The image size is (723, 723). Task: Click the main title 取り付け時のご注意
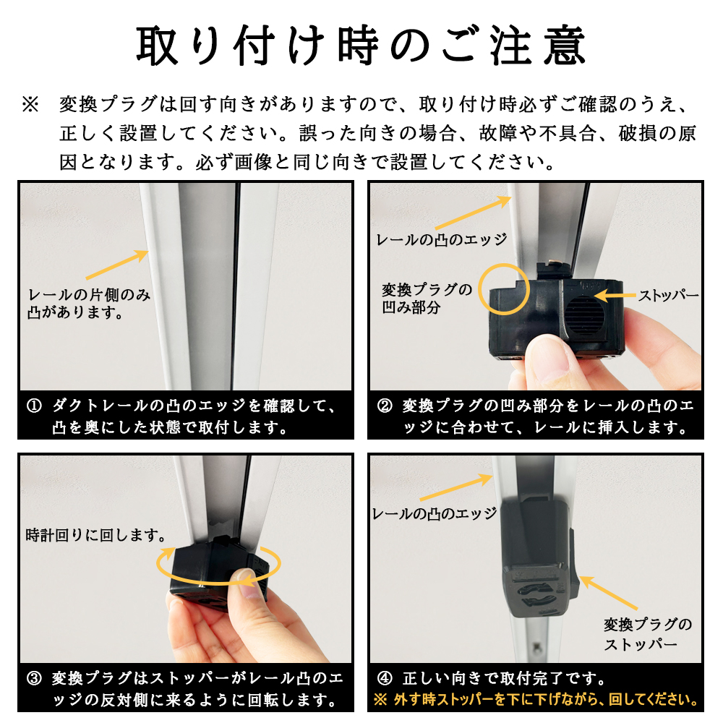(361, 46)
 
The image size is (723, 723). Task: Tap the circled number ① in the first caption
(34, 406)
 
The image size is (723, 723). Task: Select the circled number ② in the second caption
(385, 406)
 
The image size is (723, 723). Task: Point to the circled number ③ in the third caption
(34, 678)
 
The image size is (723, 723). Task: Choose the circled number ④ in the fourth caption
(385, 678)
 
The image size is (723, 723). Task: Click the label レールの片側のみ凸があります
(89, 304)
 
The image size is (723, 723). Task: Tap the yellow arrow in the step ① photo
(117, 265)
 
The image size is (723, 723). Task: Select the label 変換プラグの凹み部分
(427, 299)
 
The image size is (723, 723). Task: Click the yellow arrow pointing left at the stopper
(615, 296)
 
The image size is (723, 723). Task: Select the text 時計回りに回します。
(96, 535)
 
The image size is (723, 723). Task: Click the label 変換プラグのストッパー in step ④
(648, 635)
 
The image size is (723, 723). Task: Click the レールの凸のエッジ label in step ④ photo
(435, 513)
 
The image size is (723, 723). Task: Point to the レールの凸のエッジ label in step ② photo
(441, 239)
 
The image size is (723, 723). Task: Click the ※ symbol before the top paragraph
(30, 105)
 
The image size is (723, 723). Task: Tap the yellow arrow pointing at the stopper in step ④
(608, 593)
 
